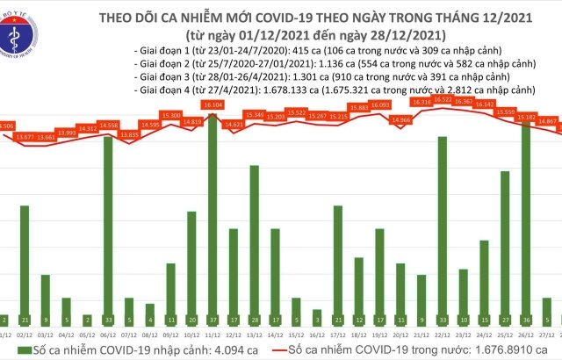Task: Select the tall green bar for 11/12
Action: point(213,219)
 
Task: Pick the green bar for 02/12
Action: point(25,264)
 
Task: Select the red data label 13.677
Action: point(27,137)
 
